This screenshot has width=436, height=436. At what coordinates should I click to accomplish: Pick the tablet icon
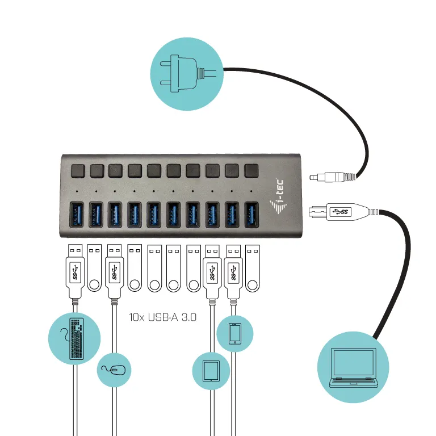(x=211, y=371)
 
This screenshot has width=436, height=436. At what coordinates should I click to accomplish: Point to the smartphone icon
(x=234, y=333)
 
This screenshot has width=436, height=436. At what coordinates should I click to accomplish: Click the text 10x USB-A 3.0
(x=162, y=317)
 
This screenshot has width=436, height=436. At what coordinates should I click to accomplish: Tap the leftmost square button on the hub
(x=77, y=170)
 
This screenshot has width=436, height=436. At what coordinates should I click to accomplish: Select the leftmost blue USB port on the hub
(x=77, y=214)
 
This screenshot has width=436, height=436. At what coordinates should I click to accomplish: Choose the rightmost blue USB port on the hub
(x=251, y=214)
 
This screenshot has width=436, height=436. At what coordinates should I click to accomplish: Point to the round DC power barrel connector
(x=332, y=177)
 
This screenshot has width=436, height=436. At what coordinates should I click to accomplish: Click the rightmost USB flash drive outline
(x=251, y=268)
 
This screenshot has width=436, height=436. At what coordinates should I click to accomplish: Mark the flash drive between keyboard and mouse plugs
(x=94, y=268)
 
